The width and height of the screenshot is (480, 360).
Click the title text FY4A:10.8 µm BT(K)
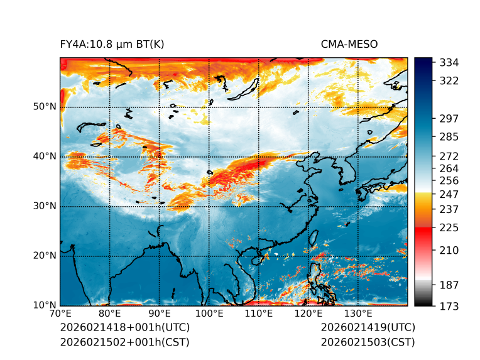[x=112, y=44]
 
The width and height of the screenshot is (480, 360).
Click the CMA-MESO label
[x=349, y=44]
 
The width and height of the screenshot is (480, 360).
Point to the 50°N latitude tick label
[x=44, y=107]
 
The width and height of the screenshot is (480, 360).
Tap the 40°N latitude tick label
[x=44, y=156]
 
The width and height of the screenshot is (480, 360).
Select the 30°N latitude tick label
[x=44, y=206]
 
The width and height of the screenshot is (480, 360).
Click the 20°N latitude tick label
[x=44, y=256]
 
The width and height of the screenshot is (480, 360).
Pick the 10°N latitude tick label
[x=44, y=305]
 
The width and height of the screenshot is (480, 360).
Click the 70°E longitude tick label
[x=60, y=314]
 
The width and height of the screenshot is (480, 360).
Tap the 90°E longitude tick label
[x=160, y=314]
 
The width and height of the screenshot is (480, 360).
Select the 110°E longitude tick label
[x=259, y=314]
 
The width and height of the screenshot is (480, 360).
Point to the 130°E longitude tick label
[x=358, y=314]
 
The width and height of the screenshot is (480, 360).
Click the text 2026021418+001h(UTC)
[x=124, y=327]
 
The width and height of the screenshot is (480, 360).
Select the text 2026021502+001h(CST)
[x=124, y=342]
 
